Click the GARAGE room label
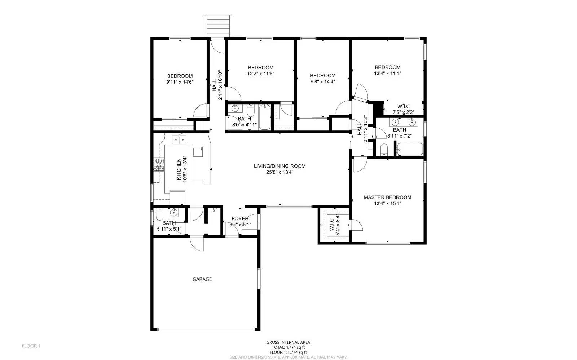click(202, 279)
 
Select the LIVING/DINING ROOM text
click(279, 166)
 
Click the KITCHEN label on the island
click(179, 169)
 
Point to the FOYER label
click(240, 218)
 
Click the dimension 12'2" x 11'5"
click(260, 74)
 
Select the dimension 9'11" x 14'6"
click(180, 82)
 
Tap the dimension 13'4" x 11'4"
click(387, 74)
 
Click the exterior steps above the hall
click(218, 26)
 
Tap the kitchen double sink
click(179, 139)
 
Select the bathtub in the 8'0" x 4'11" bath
click(265, 117)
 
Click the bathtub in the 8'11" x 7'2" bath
click(410, 149)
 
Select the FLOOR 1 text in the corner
click(31, 346)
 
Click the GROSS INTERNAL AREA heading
click(288, 342)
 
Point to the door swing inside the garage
click(198, 244)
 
